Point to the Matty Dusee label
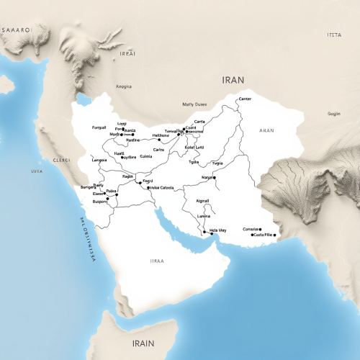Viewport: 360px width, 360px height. [195, 103]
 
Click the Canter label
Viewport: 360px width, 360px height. [244, 99]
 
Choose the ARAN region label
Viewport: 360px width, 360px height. [266, 131]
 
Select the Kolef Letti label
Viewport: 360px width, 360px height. [195, 147]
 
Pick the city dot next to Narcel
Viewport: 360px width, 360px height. [215, 176]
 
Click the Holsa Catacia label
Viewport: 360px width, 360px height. [162, 188]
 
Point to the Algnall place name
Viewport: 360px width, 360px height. [204, 202]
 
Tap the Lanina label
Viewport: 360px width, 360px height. [204, 216]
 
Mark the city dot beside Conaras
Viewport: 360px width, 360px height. [260, 229]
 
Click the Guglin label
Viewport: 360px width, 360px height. [335, 114]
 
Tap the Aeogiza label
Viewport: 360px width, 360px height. [124, 86]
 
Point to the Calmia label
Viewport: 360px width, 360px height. [146, 156]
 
